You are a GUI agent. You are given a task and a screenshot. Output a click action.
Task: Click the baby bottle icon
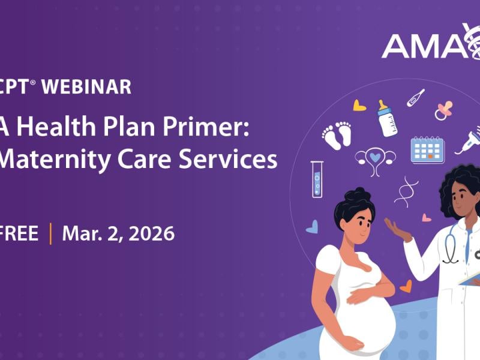coord(387,118)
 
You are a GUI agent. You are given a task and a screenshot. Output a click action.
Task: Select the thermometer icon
coord(416,98)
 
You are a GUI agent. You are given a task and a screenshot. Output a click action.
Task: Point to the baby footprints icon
coord(337,135)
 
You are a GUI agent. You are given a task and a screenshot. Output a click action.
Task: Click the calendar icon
coord(427,149)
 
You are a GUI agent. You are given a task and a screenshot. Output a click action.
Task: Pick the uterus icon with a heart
coord(375,159)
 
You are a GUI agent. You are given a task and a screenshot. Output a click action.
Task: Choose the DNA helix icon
coord(406,191)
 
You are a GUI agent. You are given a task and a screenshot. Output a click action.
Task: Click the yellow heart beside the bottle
coord(359,106)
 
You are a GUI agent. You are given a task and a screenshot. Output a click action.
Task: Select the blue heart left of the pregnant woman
coord(312,227)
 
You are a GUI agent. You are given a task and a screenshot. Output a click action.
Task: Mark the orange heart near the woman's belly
coord(406,286)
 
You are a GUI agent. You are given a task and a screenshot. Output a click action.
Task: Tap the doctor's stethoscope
coord(451,246)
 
